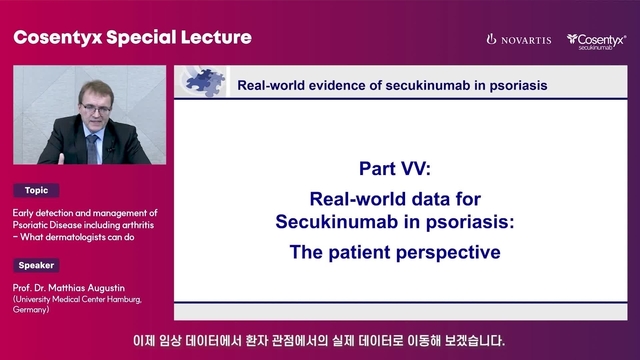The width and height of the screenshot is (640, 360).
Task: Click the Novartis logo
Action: (518, 39)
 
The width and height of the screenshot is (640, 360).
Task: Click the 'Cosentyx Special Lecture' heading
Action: (132, 38)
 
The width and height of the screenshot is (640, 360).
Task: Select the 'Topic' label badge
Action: (37, 190)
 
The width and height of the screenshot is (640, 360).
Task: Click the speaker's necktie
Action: (93, 147)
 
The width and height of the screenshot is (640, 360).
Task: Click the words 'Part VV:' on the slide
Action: (394, 169)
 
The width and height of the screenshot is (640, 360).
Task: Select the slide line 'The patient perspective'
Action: (394, 253)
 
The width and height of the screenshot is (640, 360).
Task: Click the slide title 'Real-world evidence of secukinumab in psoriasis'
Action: (392, 85)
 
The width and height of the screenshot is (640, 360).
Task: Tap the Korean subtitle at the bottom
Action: (320, 339)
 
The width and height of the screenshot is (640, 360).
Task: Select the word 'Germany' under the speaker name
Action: (34, 310)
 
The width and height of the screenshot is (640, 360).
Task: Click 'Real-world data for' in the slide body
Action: (394, 198)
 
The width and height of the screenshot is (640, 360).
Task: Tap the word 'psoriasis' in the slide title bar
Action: (514, 85)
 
